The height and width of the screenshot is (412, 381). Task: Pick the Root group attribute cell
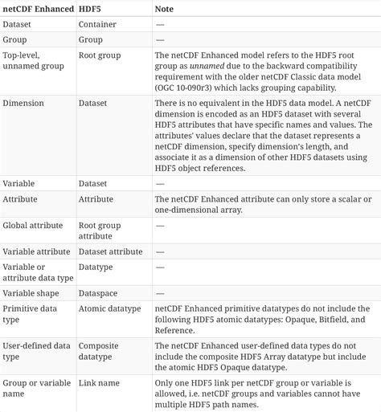[x=100, y=231]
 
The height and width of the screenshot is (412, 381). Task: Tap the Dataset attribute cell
[x=110, y=251]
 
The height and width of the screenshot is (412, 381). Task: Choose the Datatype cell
[x=96, y=266]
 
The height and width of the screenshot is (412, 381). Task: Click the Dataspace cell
[x=99, y=293]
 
